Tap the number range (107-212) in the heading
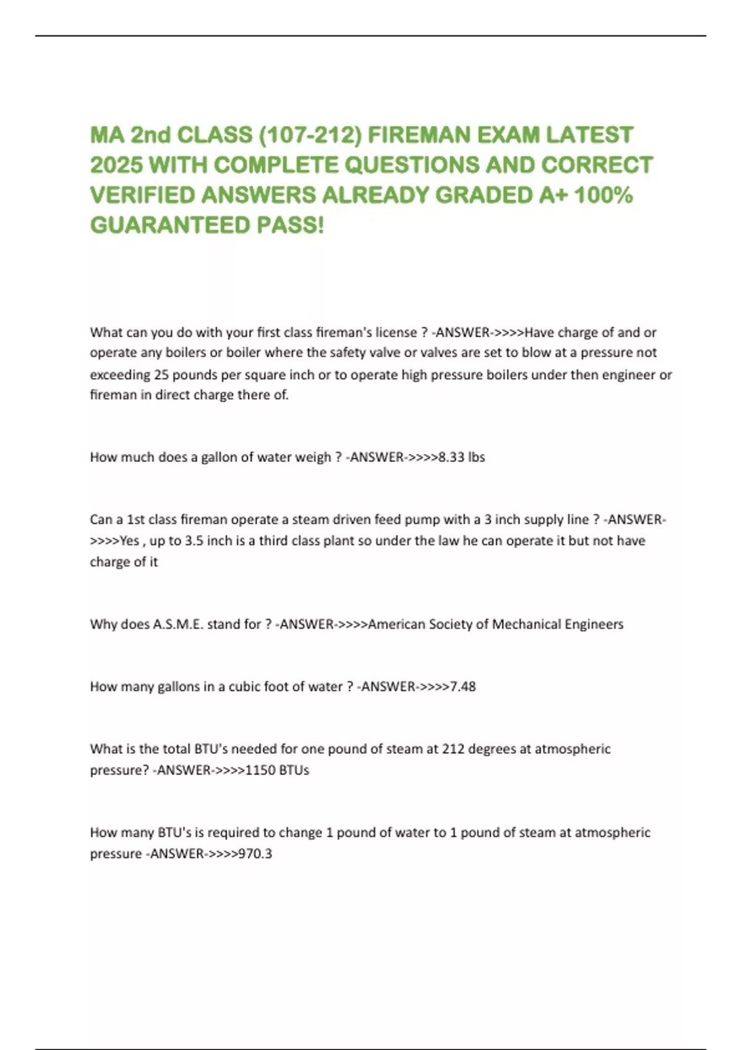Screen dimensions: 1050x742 point(309,135)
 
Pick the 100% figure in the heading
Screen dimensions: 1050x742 point(603,195)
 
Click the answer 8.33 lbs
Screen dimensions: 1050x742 point(461,458)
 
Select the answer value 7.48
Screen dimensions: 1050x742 point(463,687)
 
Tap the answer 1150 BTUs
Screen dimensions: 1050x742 point(278,770)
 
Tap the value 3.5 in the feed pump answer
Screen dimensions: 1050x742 point(194,541)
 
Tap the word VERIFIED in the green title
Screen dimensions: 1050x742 point(143,195)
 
